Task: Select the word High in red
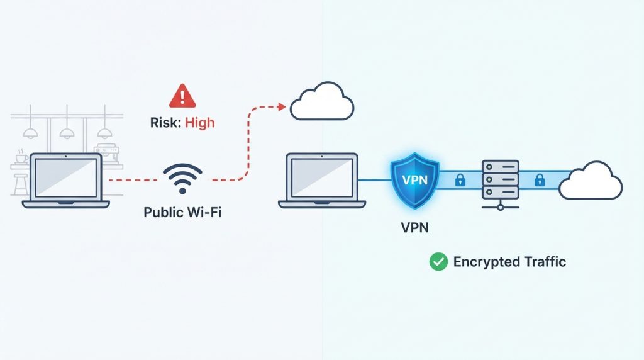coord(199,123)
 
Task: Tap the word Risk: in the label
coord(165,123)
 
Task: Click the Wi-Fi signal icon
coord(182,178)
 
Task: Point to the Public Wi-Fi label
coord(182,212)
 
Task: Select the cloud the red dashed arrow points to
coord(321,101)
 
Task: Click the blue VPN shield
coord(413,179)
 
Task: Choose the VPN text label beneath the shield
coord(414,227)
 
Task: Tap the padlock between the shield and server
coord(460,181)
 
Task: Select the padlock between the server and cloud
coord(539,181)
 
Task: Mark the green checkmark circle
coord(438,262)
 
